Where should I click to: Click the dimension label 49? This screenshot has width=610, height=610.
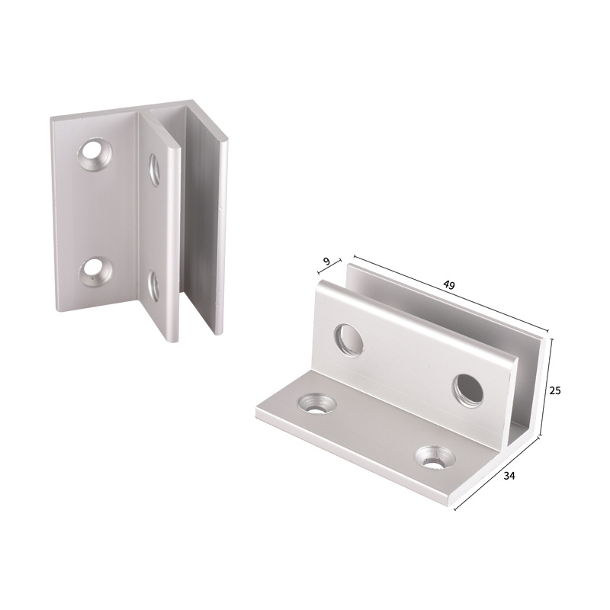[449, 284]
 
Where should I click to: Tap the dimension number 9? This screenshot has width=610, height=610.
[327, 262]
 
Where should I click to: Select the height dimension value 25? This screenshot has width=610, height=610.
[555, 390]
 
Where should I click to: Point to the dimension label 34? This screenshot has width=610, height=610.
[510, 476]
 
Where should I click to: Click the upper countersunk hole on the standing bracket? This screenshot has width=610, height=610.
[95, 155]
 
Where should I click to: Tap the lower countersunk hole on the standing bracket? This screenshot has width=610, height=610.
[96, 271]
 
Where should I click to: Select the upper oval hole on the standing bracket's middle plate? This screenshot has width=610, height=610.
[154, 169]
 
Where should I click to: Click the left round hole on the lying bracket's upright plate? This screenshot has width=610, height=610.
[349, 339]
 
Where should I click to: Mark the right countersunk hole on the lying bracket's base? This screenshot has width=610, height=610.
[435, 457]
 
